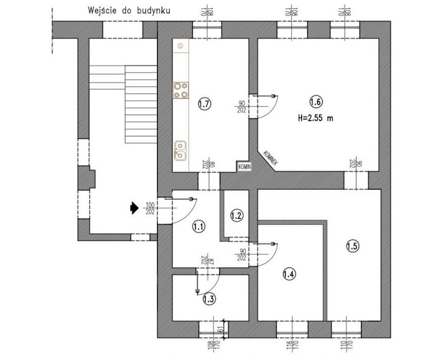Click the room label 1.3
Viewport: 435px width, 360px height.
tap(210, 298)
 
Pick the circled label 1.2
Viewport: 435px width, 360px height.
tap(236, 215)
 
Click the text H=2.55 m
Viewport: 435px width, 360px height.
tap(316, 117)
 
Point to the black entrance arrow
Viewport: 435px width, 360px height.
tap(134, 208)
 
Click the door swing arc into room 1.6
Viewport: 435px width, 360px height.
tap(271, 109)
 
